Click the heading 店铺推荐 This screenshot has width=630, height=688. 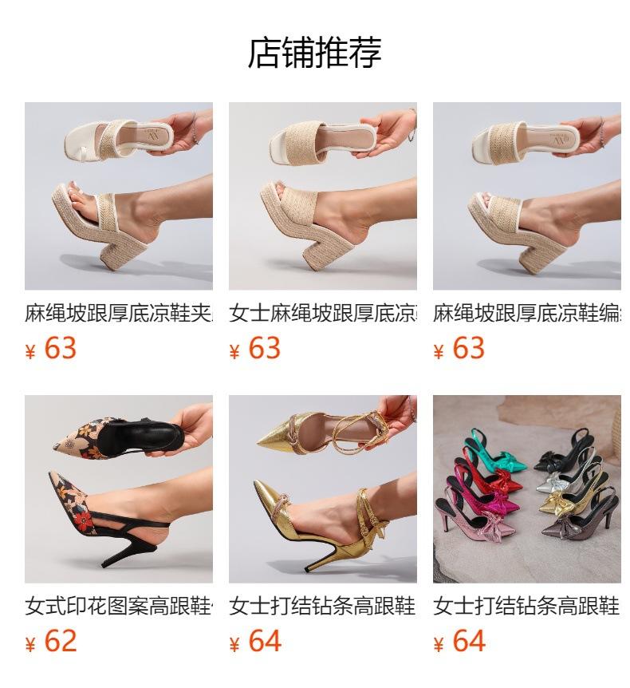coord(314,53)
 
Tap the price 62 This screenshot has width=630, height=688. coord(61,641)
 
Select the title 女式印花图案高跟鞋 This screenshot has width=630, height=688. coord(118,607)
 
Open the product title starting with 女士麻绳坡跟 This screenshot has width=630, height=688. coord(322,314)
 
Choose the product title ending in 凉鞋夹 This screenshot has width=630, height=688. coord(118,314)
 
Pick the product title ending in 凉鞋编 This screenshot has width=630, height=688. coord(526,314)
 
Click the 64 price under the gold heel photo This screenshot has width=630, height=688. coord(265,641)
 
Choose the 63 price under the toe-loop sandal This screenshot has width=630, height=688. coord(61,348)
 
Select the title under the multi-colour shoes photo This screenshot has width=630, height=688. coord(526,607)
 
